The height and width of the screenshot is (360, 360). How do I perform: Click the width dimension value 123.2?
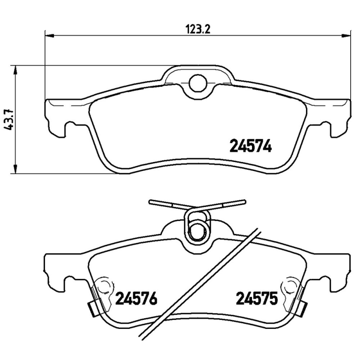(x=198, y=30)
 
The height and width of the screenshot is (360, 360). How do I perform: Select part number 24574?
(x=251, y=146)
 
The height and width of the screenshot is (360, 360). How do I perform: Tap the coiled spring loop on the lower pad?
(x=197, y=227)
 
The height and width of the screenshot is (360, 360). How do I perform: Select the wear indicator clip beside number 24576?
(x=94, y=307)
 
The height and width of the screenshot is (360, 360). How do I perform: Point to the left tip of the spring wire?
(x=150, y=202)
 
